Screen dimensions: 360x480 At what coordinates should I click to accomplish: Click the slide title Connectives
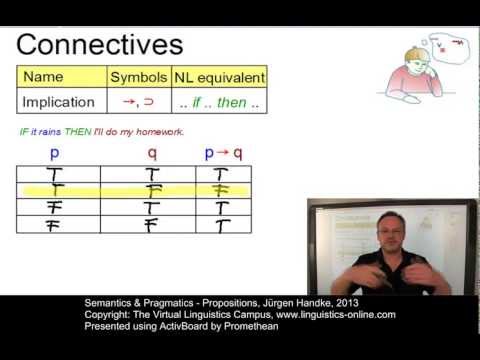(x=100, y=45)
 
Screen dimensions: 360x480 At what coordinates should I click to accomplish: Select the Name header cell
(x=43, y=77)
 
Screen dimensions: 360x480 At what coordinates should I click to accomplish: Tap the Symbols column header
(x=138, y=77)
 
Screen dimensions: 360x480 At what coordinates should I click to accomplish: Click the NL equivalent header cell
(x=219, y=77)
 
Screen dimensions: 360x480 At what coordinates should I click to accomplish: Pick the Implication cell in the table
(x=59, y=102)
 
